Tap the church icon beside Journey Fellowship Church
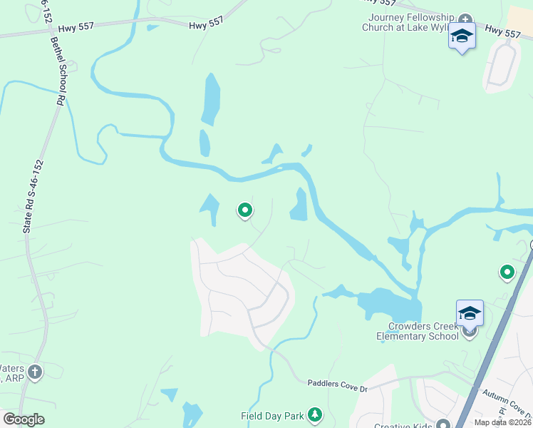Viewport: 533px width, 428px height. pos(465,19)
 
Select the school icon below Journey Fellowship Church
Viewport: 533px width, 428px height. pos(462,36)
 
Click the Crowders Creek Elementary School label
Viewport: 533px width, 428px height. pos(417,331)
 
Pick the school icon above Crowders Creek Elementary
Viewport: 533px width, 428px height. pos(470,313)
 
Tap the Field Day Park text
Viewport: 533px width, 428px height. pos(271,415)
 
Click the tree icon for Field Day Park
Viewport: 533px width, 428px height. pos(314,415)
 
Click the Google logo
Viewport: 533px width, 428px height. pos(24,419)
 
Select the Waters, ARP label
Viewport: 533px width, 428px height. pos(11,372)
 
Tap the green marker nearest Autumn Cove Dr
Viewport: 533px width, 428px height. pos(507,272)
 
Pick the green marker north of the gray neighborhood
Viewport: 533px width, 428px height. pos(245,210)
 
